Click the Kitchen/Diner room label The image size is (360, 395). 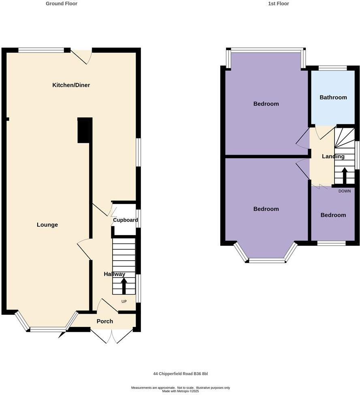point(71,85)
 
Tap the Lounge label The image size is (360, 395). point(47,225)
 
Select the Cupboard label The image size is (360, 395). point(125,220)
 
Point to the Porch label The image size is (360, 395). point(104,321)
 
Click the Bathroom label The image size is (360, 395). point(333,97)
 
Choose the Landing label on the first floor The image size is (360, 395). point(333,156)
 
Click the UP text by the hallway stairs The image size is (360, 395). point(124,301)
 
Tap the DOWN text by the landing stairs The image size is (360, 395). point(345,191)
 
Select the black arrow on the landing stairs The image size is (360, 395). point(345,176)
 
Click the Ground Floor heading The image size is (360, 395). point(62,4)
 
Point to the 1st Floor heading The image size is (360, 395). point(279,4)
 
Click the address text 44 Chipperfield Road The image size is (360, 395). point(181,374)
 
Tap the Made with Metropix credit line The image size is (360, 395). point(181,391)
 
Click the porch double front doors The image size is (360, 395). point(111,336)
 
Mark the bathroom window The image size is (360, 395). point(332,68)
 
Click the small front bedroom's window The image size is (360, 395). point(331,243)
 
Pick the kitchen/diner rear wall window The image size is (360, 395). point(41,50)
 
